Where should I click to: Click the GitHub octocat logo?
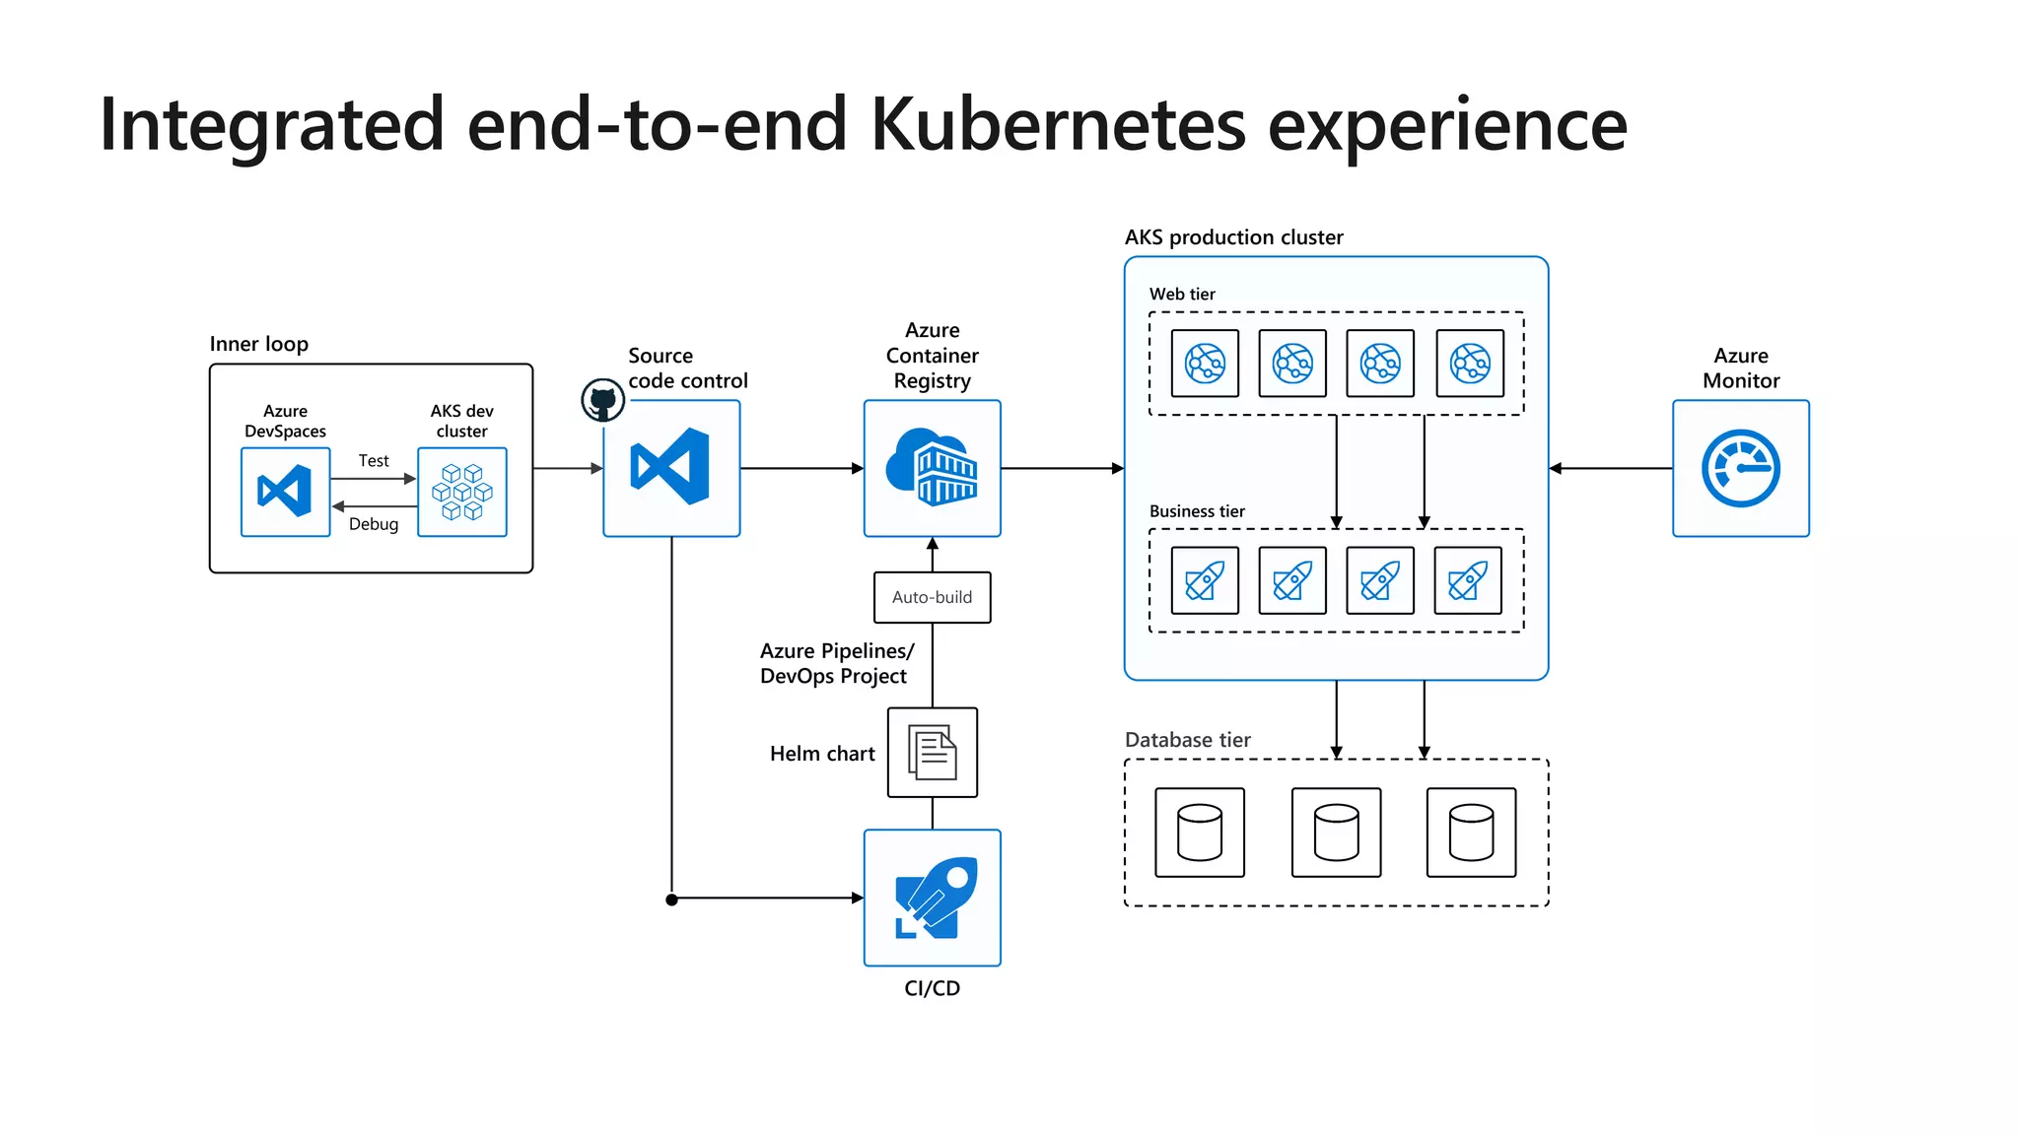pyautogui.click(x=602, y=401)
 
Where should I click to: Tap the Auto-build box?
pyautogui.click(x=932, y=597)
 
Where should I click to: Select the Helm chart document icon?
pyautogui.click(x=932, y=753)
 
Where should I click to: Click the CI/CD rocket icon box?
pyautogui.click(x=932, y=898)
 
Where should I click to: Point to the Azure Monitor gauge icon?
pyautogui.click(x=1740, y=468)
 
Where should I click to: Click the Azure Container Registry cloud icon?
pyautogui.click(x=932, y=468)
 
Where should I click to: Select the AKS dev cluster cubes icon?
pyautogui.click(x=461, y=492)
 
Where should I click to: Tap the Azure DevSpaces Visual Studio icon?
pyautogui.click(x=285, y=492)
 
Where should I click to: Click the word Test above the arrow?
pyautogui.click(x=374, y=460)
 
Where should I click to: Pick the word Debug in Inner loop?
pyautogui.click(x=374, y=524)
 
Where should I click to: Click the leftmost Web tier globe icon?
pyautogui.click(x=1205, y=364)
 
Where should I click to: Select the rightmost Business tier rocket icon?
pyautogui.click(x=1468, y=580)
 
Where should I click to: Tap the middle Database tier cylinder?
pyautogui.click(x=1336, y=833)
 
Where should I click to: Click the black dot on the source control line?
pyautogui.click(x=671, y=899)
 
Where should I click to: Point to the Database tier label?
pyautogui.click(x=1187, y=740)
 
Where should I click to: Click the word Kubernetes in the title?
pyautogui.click(x=1058, y=125)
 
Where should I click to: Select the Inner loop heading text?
pyautogui.click(x=258, y=344)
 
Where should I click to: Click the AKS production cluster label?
pyautogui.click(x=1233, y=237)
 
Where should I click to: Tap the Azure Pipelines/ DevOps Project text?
pyautogui.click(x=836, y=663)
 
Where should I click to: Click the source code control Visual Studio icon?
pyautogui.click(x=671, y=468)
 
